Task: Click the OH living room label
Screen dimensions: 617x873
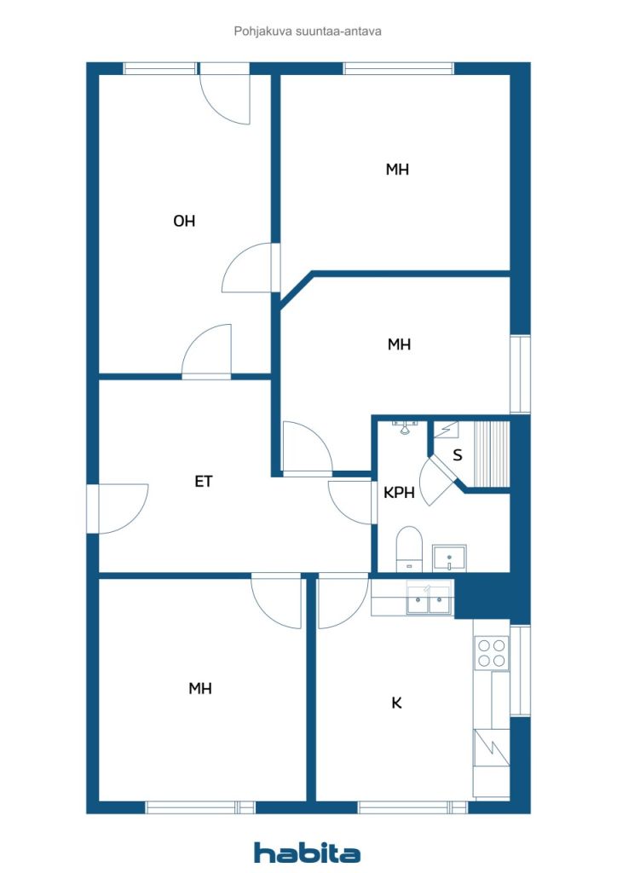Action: point(184,221)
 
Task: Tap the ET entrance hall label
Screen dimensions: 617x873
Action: point(204,481)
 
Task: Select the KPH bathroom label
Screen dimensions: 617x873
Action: point(399,492)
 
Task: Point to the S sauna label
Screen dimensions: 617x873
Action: point(458,455)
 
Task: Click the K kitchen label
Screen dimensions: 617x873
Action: point(396,702)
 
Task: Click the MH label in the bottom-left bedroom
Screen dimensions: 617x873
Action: point(200,689)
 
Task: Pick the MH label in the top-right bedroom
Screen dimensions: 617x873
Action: point(397,170)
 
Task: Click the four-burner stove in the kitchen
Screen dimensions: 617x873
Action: point(492,653)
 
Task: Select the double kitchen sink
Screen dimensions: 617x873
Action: point(428,599)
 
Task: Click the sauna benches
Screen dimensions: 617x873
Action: point(491,454)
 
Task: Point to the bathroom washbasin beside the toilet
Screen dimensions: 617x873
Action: point(449,558)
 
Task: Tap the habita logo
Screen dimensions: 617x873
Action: point(307,853)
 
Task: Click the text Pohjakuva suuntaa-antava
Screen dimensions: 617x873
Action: point(308,32)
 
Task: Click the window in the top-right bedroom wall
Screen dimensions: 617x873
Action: point(398,68)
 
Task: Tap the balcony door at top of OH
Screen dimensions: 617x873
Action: point(225,93)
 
